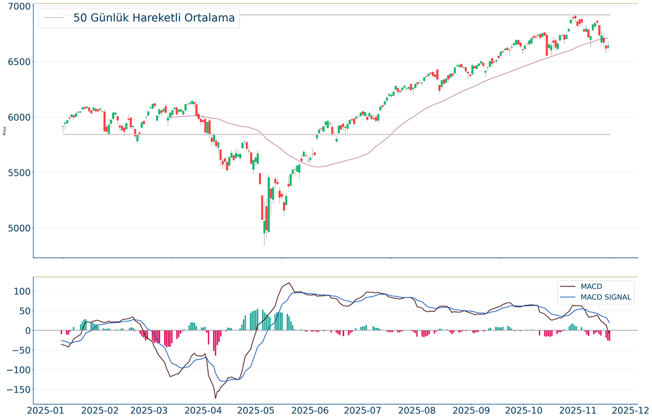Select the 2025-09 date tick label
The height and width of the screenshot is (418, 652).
pyautogui.click(x=469, y=410)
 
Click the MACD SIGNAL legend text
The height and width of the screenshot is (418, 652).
pyautogui.click(x=605, y=298)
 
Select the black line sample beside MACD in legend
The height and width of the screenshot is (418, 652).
pyautogui.click(x=568, y=287)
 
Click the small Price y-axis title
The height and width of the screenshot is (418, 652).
pyautogui.click(x=5, y=131)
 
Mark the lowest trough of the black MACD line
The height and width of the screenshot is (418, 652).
pyautogui.click(x=215, y=398)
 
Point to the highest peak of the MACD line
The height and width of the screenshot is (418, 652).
pyautogui.click(x=289, y=283)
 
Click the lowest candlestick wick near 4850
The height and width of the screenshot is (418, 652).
pyautogui.click(x=265, y=245)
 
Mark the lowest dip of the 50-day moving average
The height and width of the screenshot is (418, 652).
pyautogui.click(x=318, y=167)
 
